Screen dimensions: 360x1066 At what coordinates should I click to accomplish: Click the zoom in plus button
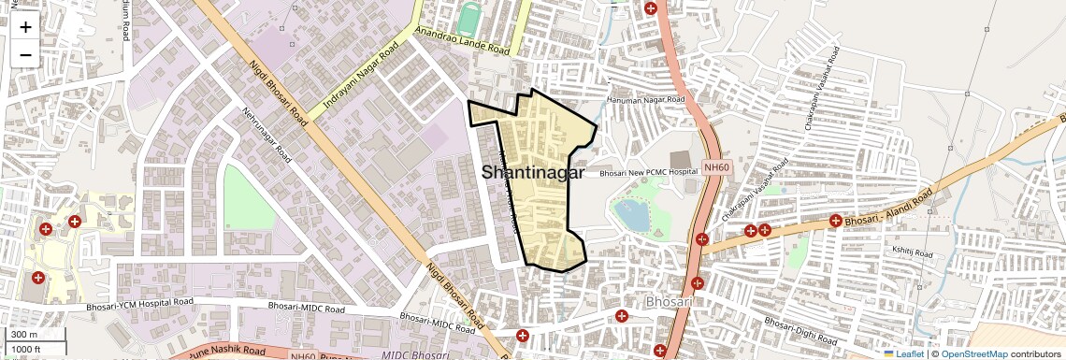coord(25,26)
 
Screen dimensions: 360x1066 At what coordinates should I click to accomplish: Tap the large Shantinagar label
coord(533,173)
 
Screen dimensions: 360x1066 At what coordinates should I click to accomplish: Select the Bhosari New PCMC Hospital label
coord(649,173)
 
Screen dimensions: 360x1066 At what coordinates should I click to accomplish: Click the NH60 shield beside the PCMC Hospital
coord(715,167)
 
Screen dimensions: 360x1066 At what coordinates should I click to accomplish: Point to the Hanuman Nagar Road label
coord(646,99)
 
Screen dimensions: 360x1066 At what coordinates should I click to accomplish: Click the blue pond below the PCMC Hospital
coord(632,215)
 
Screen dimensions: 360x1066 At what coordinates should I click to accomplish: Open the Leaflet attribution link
coord(903,353)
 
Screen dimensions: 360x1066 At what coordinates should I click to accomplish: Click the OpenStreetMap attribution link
coord(973,353)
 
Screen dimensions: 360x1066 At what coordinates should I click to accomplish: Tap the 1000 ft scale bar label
coord(27,349)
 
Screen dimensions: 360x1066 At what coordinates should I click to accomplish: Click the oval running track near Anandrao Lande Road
coord(468,18)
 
